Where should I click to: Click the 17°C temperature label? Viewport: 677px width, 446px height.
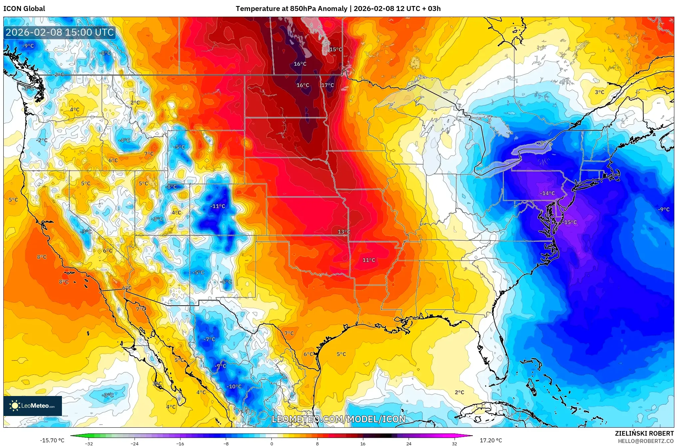[x=327, y=85]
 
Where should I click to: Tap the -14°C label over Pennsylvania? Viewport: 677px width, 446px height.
[x=547, y=193]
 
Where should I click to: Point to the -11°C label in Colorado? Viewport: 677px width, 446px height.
[x=217, y=206]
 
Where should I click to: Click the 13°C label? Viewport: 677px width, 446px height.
[x=344, y=232]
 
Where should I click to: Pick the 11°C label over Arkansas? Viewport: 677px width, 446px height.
[x=369, y=260]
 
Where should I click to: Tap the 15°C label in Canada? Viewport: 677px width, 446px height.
[x=336, y=50]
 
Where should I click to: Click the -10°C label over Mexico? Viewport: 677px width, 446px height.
[x=234, y=387]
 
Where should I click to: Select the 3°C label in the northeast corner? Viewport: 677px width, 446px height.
[x=599, y=92]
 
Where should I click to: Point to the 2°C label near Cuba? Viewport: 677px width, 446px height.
[x=459, y=392]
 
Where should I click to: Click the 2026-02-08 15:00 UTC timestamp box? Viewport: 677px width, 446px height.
[x=60, y=33]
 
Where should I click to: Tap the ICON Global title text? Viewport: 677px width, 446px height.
[x=24, y=9]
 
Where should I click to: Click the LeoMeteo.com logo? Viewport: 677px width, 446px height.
[x=33, y=406]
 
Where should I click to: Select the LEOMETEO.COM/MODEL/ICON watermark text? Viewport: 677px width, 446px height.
[x=338, y=419]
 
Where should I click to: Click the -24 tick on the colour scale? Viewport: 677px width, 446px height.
[x=134, y=444]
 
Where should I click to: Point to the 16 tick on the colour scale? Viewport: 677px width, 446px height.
[x=363, y=444]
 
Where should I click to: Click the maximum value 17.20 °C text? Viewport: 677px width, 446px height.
[x=491, y=440]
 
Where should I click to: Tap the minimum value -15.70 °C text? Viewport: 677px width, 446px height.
[x=52, y=440]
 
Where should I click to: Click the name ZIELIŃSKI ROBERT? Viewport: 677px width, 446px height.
[x=644, y=433]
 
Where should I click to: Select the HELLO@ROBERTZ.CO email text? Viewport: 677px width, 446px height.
[x=646, y=441]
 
